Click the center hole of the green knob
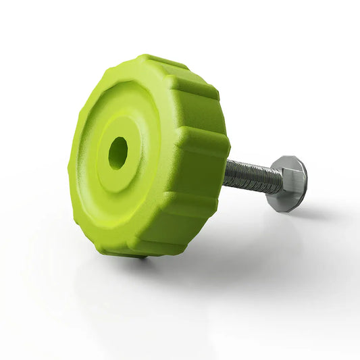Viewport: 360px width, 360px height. click(118, 153)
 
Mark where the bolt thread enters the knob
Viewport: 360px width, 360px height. click(226, 173)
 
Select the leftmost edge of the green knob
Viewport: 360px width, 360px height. click(70, 169)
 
